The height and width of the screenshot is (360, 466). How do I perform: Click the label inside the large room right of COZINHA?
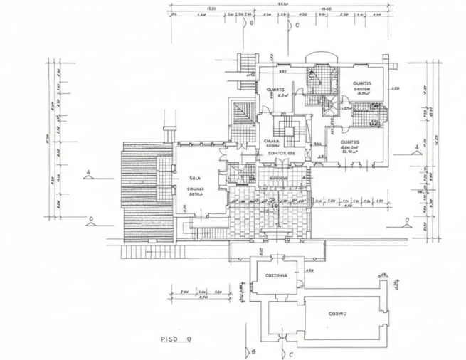click(337, 314)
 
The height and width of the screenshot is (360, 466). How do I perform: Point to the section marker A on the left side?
click(87, 172)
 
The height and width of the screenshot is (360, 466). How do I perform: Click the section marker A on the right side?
click(416, 147)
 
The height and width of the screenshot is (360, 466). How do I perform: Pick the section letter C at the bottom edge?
click(290, 353)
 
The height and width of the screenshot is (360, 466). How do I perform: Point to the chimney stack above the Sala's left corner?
click(169, 134)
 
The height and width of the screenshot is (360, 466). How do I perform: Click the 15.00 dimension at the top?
click(326, 8)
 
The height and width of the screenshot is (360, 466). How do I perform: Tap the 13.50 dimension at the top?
click(211, 8)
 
